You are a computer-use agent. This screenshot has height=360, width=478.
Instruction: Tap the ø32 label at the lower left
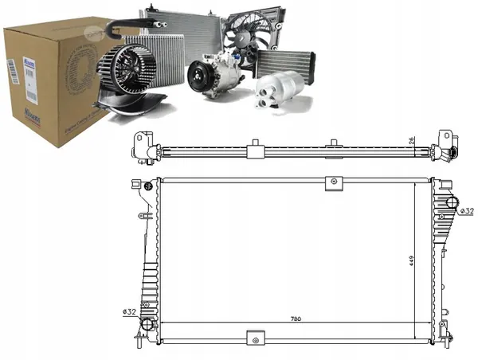tap(128, 311)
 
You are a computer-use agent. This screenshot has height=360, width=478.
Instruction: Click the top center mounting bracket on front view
tap(331, 183)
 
